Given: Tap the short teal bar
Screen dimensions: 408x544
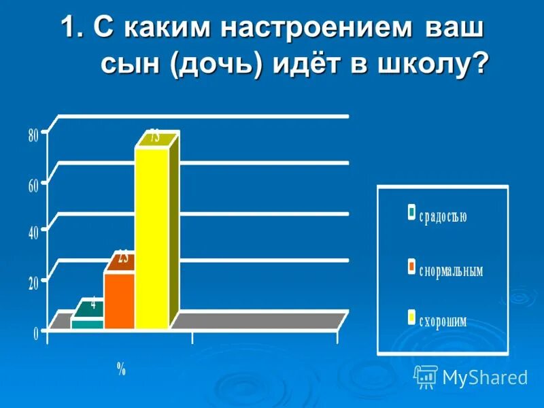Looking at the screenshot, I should [x=87, y=324].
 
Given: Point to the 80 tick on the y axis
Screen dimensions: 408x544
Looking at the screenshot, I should [x=33, y=135].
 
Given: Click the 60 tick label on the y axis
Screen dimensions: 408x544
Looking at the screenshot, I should [x=33, y=186].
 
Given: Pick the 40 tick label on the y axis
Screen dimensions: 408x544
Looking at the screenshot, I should [x=33, y=233].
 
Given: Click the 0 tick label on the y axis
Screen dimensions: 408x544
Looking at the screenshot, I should [x=35, y=332].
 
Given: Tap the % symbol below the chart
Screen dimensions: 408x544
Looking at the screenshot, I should [x=121, y=369].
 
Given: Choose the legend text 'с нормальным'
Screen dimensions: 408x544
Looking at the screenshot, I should [x=450, y=270].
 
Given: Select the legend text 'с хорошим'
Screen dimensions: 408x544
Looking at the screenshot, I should [x=443, y=321].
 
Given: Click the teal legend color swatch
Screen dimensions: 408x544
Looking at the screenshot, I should [x=411, y=212].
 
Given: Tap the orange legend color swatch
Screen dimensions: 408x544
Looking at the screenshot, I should [x=411, y=266].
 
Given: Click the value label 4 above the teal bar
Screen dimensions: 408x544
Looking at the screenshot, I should [x=93, y=304].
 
